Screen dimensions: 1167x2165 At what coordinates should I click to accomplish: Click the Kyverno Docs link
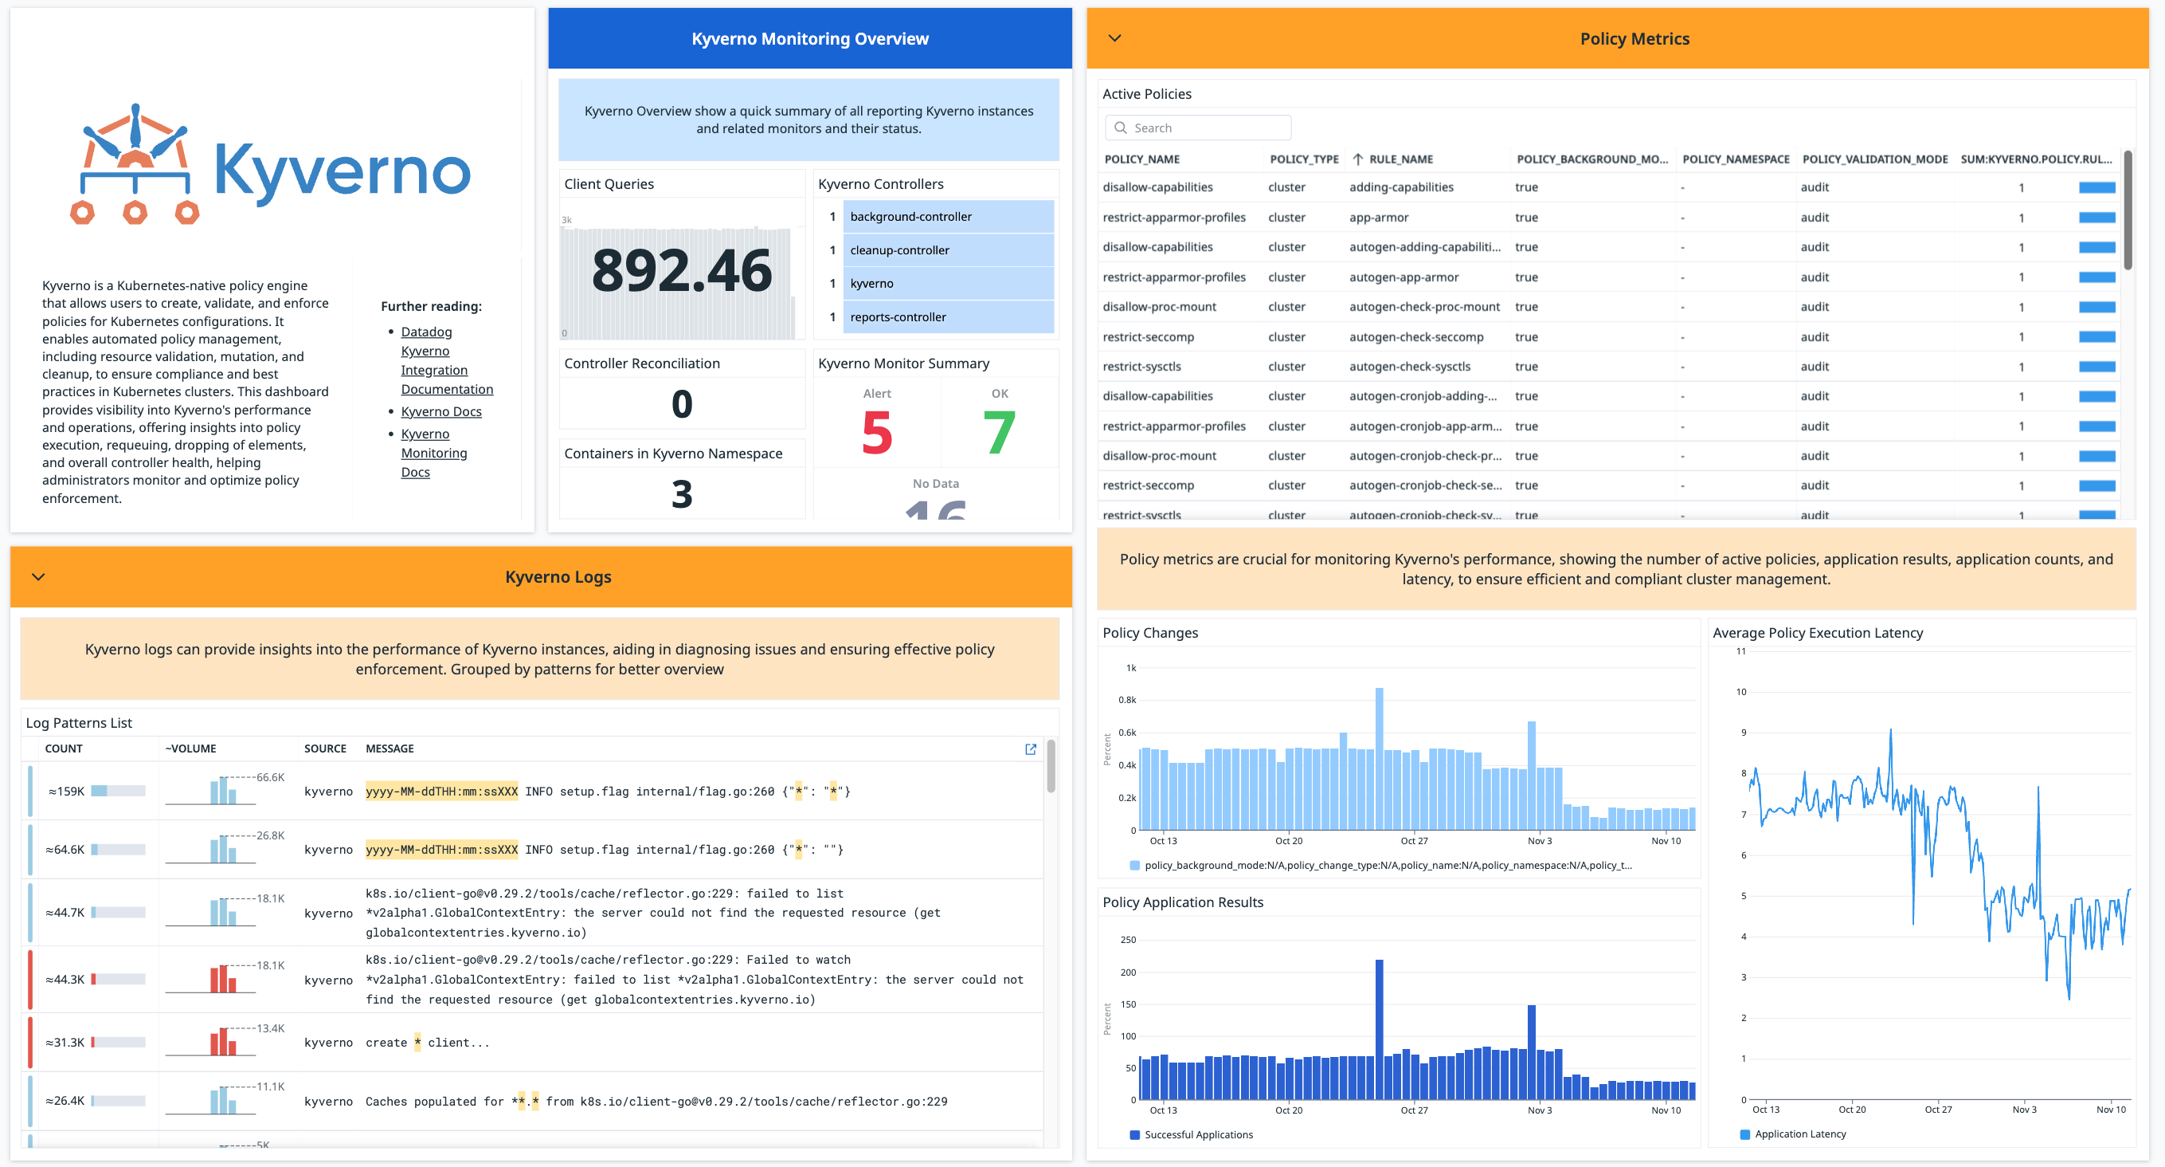coord(440,411)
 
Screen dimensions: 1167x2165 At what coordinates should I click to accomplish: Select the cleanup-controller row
coord(947,250)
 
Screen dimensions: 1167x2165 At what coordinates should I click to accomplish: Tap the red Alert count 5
coord(876,433)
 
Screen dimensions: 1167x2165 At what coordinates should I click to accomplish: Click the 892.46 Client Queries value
coord(682,271)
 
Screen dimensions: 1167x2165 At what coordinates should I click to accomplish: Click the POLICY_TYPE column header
coord(1303,159)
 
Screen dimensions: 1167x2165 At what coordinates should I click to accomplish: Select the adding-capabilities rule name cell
coord(1401,187)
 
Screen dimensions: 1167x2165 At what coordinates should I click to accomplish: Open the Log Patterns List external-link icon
coord(1031,749)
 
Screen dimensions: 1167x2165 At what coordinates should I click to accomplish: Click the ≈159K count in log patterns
coord(66,792)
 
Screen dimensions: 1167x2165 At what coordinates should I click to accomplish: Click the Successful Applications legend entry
coord(1198,1134)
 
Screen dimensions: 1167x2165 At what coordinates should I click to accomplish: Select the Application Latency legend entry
coord(1799,1134)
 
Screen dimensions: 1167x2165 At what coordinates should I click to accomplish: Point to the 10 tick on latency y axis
coord(1740,692)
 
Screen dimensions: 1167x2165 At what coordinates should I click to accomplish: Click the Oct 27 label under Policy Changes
coord(1414,841)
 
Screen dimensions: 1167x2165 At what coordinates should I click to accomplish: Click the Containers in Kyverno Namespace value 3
coord(682,493)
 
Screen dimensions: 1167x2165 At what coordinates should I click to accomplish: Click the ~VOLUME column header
coord(191,749)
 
